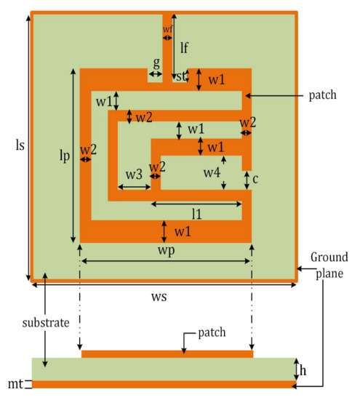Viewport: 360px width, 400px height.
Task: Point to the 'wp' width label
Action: [x=165, y=249]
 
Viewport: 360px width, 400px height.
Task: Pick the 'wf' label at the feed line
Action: [x=168, y=29]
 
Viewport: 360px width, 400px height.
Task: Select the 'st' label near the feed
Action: [x=181, y=76]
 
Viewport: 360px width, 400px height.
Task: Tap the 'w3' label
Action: [x=132, y=175]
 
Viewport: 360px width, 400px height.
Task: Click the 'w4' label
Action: [x=211, y=173]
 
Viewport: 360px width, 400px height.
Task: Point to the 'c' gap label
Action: [x=256, y=179]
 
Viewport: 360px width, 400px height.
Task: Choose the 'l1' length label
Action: [x=196, y=214]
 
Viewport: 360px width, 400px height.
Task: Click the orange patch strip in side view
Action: [x=167, y=354]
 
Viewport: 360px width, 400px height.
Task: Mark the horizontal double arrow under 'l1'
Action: [x=196, y=204]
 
